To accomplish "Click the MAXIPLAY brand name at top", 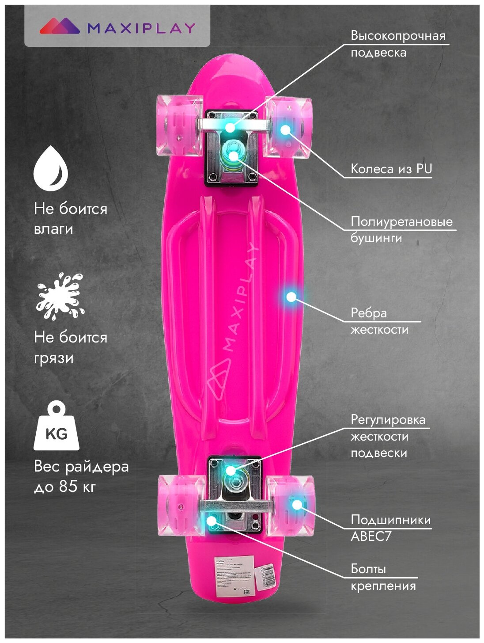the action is pos(141,28).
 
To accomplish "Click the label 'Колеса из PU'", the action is pos(391,169).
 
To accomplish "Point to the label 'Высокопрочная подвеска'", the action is pos(397,44).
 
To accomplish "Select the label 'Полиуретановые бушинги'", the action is pos(401,229).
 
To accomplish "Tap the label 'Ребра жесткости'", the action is pos(379,321).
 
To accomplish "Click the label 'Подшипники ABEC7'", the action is pos(390,528).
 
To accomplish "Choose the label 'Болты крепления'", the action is pos(383,577).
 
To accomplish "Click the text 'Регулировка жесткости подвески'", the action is pos(387,436).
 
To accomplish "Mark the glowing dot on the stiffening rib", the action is pos(291,297).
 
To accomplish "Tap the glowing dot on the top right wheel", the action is pos(285,129).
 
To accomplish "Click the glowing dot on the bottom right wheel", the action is pos(297,504).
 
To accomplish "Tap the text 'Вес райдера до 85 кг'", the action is pos(81,476).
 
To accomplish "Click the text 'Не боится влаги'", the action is pos(70,218).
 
